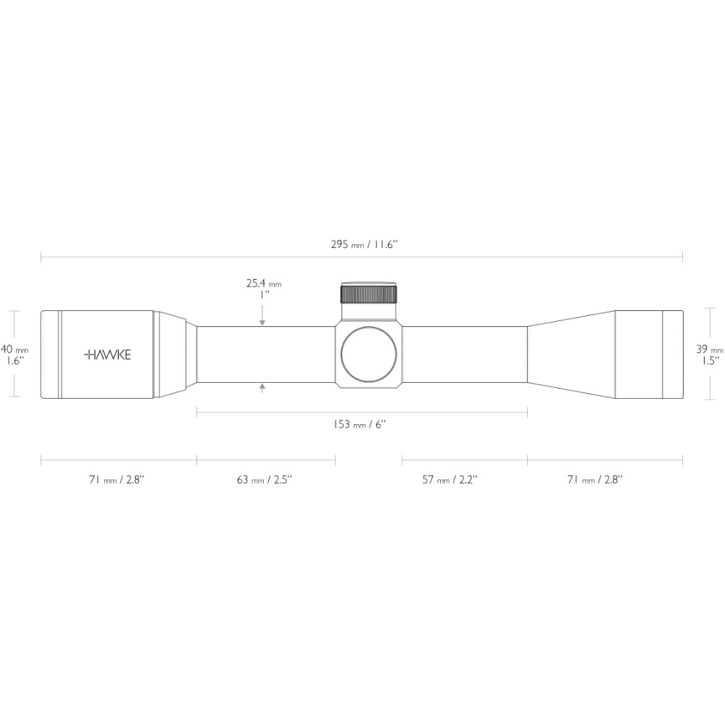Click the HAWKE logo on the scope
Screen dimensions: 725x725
point(108,355)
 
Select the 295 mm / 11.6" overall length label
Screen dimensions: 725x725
point(364,244)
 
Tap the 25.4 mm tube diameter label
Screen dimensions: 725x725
point(264,283)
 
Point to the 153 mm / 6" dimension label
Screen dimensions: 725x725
point(360,424)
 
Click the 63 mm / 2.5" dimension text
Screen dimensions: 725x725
point(265,479)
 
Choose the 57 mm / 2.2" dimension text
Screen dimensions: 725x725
point(449,479)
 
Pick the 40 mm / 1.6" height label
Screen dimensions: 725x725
point(14,355)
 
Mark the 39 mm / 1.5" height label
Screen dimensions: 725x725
point(710,355)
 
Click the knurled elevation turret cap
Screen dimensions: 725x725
point(369,294)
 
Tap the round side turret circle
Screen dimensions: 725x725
point(368,355)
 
